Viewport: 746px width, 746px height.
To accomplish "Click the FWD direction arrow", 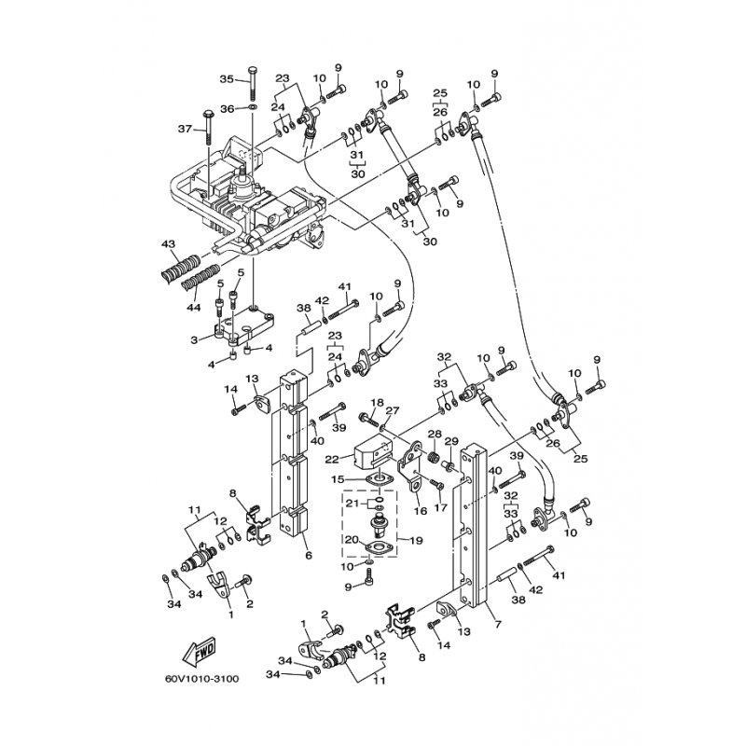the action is click(200, 652).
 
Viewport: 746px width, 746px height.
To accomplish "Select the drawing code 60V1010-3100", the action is click(202, 679).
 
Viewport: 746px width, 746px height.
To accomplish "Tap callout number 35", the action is click(227, 79).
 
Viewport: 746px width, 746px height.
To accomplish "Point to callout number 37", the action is click(185, 129).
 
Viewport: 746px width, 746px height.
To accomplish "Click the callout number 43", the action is click(169, 244).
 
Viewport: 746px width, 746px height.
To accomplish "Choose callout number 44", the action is click(193, 308).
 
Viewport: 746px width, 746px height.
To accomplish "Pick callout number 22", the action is click(332, 460).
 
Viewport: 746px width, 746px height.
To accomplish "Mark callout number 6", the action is click(309, 555).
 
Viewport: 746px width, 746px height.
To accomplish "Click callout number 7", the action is click(498, 624).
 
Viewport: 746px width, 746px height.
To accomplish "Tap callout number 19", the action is click(416, 541).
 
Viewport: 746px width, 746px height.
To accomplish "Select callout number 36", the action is click(228, 109).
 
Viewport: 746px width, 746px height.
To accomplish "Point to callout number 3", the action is click(194, 340).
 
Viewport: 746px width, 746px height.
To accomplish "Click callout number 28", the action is click(435, 434).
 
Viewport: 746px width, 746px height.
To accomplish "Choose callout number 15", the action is click(338, 480).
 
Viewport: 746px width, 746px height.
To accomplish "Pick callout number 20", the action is click(352, 539).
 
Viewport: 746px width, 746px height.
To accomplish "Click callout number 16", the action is click(421, 511).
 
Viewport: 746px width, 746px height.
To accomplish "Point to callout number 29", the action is click(451, 442).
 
